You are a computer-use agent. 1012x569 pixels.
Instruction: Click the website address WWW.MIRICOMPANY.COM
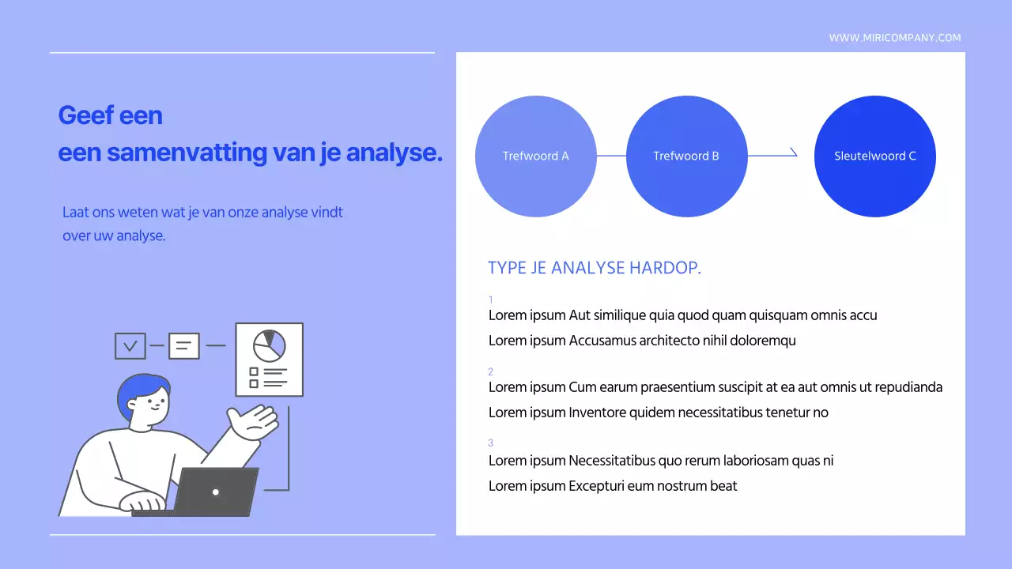[895, 38]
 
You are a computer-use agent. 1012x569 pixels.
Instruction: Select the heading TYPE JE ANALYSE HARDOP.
[595, 268]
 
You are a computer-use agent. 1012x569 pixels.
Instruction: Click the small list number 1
[491, 300]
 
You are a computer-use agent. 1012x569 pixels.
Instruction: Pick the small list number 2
[491, 371]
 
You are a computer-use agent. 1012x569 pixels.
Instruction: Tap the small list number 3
[491, 443]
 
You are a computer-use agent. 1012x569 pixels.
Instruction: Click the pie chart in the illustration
[269, 345]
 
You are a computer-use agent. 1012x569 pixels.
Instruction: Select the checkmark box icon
[130, 345]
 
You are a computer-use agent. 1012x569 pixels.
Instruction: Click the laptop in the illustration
[215, 492]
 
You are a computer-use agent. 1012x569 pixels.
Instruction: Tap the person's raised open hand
[255, 422]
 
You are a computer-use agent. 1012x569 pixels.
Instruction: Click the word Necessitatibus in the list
[612, 461]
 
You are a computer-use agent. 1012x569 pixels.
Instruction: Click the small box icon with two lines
[184, 345]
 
